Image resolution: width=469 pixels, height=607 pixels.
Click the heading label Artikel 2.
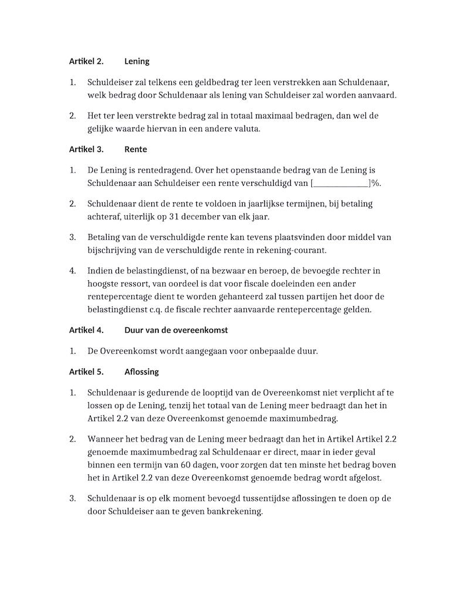tap(86, 61)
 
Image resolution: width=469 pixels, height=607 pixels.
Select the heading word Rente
tap(135, 149)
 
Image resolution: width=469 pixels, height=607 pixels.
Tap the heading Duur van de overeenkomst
tap(176, 330)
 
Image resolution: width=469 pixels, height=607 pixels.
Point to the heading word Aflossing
tap(141, 372)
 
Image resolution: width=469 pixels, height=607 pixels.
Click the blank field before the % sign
tap(341, 184)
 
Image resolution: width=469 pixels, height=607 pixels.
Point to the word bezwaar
tap(212, 270)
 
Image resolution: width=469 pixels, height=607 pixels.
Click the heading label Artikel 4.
tap(86, 330)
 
